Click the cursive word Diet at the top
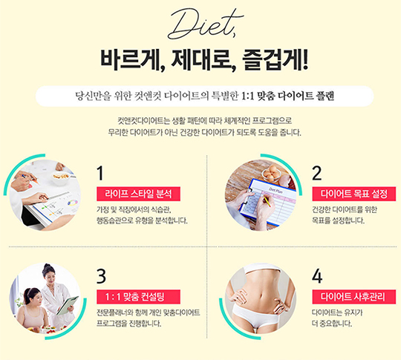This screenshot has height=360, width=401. (205, 24)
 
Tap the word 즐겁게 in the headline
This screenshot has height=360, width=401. (276, 60)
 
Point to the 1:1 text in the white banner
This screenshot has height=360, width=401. (247, 96)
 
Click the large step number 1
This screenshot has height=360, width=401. (100, 174)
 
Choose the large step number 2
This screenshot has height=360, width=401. (317, 174)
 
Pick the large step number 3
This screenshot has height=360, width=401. (101, 276)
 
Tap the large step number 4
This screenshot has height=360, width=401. (317, 276)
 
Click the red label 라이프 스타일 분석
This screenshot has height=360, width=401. (138, 194)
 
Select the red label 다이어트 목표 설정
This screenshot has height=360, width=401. (354, 194)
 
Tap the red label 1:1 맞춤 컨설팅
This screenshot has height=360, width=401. (138, 297)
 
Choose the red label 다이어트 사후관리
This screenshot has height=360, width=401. (354, 297)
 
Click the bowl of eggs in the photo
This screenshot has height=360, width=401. (270, 174)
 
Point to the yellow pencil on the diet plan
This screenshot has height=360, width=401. (267, 201)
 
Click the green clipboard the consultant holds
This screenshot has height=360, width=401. (68, 305)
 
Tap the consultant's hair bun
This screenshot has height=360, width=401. (47, 266)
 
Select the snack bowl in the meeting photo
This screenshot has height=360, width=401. (61, 177)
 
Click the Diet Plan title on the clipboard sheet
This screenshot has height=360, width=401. (276, 191)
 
